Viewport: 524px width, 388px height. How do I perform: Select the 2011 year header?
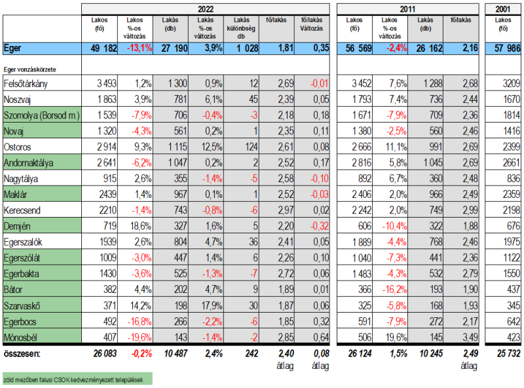click(407, 9)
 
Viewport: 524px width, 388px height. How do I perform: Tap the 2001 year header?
click(504, 9)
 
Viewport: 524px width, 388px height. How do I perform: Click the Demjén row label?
click(17, 226)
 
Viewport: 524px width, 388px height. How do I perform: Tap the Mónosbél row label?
click(21, 338)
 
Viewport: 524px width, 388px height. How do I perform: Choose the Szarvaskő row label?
click(22, 305)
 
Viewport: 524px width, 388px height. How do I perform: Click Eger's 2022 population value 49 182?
click(102, 48)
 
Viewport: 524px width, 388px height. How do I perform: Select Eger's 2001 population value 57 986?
click(505, 48)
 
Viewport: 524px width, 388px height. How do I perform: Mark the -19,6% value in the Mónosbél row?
click(140, 338)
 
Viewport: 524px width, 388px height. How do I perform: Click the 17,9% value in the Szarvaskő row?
click(210, 305)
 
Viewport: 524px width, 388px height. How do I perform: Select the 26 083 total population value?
click(101, 354)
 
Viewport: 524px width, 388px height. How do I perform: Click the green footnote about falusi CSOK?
click(76, 379)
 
